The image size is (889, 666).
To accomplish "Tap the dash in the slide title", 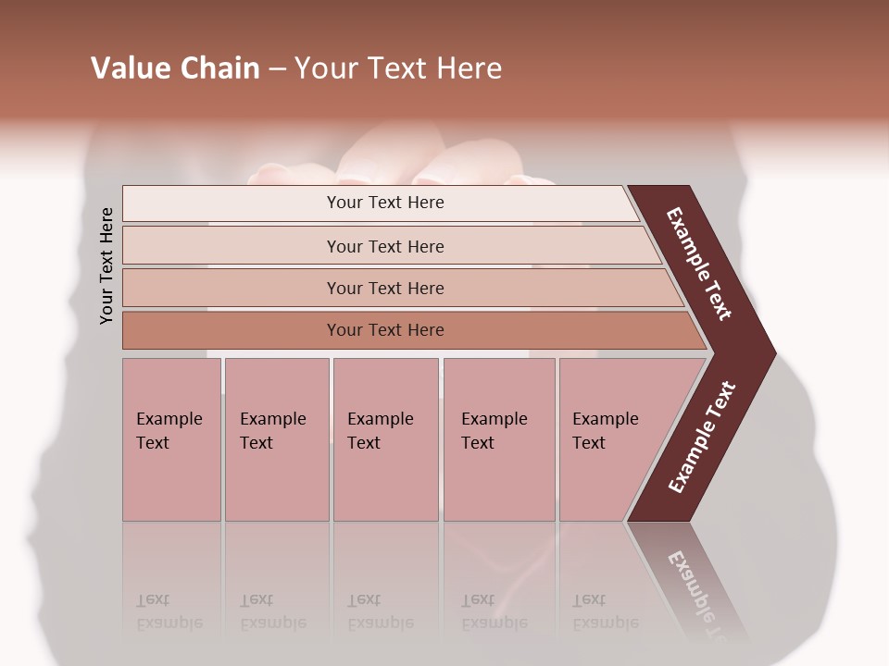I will point(277,69).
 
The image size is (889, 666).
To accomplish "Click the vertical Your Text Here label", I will point(106,265).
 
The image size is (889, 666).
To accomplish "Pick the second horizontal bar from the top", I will point(384,246).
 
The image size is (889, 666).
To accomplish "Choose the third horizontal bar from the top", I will point(384,288).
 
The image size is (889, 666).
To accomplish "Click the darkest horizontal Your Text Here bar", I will point(384,330).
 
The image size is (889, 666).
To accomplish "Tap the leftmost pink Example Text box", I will point(171,439).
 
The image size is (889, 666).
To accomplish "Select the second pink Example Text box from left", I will point(276,439).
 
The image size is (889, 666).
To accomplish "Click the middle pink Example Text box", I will point(385,439).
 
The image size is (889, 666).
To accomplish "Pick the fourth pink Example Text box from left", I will point(498,439).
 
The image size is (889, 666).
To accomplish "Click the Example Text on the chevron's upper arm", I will point(699,264).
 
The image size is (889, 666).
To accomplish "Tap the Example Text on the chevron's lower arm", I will point(702,438).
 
